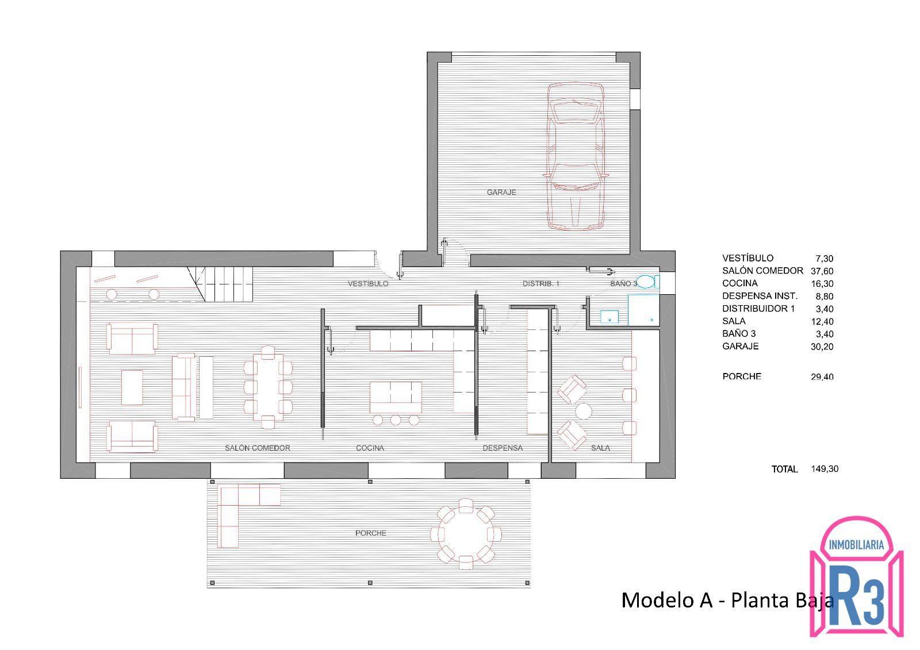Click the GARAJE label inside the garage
(501, 192)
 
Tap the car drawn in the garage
(576, 156)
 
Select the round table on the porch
(465, 534)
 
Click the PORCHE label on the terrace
(370, 533)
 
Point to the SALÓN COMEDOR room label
(257, 448)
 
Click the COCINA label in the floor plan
(370, 448)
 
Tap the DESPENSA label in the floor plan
(503, 448)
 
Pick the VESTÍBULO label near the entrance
(367, 284)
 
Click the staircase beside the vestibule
(220, 284)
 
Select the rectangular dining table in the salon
(268, 387)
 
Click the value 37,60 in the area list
(822, 271)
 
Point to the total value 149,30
(825, 469)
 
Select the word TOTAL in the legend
(784, 470)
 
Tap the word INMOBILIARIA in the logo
(856, 545)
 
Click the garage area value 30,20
(822, 347)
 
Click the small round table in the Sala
(583, 411)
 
